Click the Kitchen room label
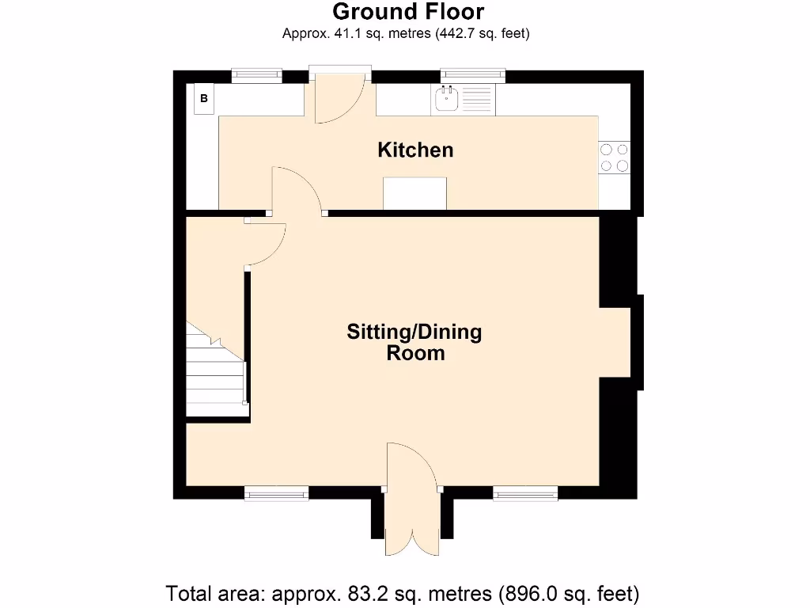pyautogui.click(x=415, y=150)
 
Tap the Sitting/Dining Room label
pyautogui.click(x=414, y=342)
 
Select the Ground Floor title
pyautogui.click(x=408, y=11)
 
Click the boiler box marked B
pyautogui.click(x=204, y=98)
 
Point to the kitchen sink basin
pyautogui.click(x=447, y=99)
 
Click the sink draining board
pyautogui.click(x=476, y=99)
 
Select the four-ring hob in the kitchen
pyautogui.click(x=614, y=158)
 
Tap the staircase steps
pyautogui.click(x=216, y=369)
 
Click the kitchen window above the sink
pyautogui.click(x=473, y=76)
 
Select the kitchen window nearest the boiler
pyautogui.click(x=257, y=76)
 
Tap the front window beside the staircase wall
pyautogui.click(x=276, y=493)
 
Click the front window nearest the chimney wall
pyautogui.click(x=525, y=493)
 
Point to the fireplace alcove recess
pyautogui.click(x=615, y=342)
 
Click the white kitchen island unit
pyautogui.click(x=414, y=193)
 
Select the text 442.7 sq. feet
pyautogui.click(x=482, y=33)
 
